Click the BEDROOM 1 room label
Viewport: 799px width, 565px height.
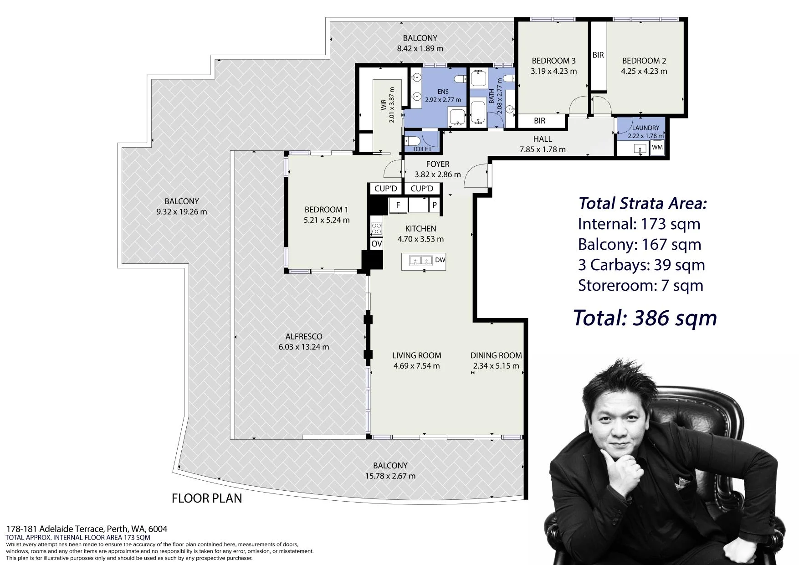tap(326, 210)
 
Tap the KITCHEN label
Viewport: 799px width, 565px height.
tap(420, 229)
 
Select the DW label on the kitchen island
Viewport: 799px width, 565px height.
tap(440, 260)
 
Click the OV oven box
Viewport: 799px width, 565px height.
tap(377, 244)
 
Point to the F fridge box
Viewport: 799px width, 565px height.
tap(398, 205)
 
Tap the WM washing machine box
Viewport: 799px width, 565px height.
tap(657, 148)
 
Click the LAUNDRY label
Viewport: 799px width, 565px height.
tap(645, 128)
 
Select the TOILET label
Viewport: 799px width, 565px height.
tap(422, 149)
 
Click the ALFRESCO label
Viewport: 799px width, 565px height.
tap(304, 337)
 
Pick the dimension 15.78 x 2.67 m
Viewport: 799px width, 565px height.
tap(390, 476)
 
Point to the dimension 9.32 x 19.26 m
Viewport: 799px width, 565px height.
tap(182, 212)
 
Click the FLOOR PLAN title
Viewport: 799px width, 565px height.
tap(207, 498)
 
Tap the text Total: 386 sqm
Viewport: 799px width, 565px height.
tap(645, 318)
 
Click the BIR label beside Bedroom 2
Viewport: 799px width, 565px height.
tap(598, 55)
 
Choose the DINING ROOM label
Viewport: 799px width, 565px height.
tap(496, 355)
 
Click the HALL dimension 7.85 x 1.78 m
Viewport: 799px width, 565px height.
tap(543, 149)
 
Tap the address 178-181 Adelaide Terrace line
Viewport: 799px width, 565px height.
tap(87, 529)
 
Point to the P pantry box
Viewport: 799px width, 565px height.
tap(435, 205)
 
